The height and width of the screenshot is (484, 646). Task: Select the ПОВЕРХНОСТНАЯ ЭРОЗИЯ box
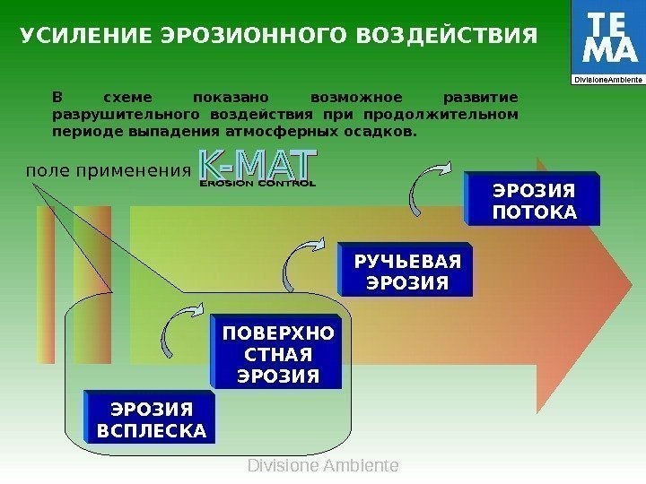(277, 354)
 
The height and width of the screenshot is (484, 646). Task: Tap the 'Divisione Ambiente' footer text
(322, 466)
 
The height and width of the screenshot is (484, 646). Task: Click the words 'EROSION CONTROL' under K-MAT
(258, 183)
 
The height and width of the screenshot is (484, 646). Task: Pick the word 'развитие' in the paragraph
(481, 97)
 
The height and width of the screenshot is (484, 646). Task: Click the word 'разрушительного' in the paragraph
(125, 115)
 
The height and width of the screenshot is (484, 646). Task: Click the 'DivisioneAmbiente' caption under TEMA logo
(607, 80)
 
